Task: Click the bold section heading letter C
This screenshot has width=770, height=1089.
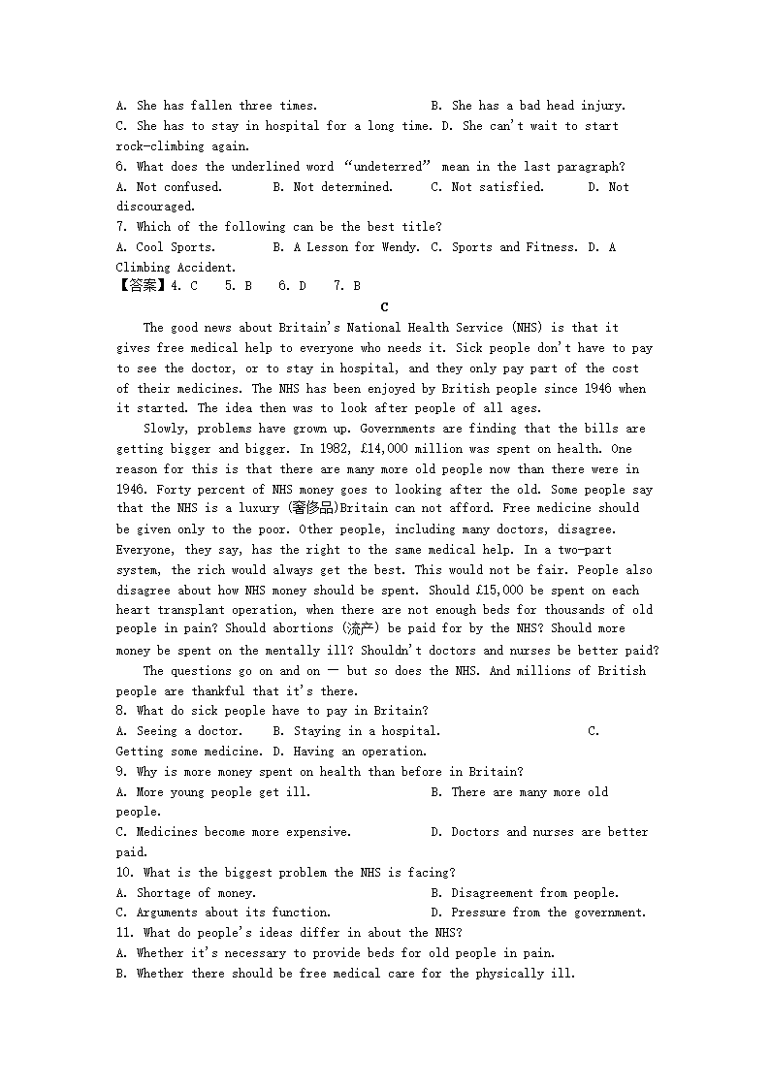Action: coord(385,307)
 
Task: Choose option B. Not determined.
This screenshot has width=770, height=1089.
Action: coord(333,187)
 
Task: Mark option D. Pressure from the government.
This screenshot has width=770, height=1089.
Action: coord(535,913)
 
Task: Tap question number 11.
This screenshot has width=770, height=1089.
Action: coord(125,933)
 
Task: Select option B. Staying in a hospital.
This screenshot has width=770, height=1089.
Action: coord(356,731)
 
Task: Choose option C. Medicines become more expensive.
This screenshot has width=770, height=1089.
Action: coord(234,832)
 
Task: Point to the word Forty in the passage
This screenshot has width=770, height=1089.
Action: coord(176,490)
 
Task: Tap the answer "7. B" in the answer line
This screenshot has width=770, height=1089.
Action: coord(347,286)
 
